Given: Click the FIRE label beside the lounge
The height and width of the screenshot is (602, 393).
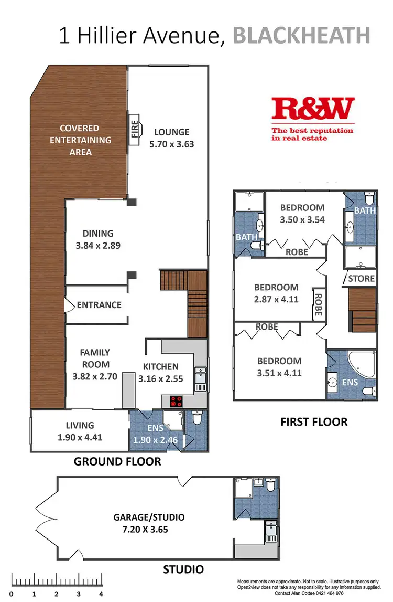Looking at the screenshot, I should [x=135, y=128].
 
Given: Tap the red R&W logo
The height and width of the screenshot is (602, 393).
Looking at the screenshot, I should [x=313, y=109].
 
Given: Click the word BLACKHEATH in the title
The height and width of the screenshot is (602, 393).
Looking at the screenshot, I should [x=301, y=36].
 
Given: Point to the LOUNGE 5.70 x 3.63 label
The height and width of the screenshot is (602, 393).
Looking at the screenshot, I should [x=171, y=138].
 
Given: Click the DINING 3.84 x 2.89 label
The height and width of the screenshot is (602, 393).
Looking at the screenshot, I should [x=98, y=239].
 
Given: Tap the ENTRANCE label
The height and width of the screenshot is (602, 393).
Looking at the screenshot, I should [x=99, y=305].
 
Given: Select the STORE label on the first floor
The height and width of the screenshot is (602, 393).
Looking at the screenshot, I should [x=362, y=278].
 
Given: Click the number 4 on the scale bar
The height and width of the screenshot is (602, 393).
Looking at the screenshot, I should [x=101, y=595].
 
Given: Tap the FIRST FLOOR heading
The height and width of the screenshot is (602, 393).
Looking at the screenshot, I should [x=314, y=421].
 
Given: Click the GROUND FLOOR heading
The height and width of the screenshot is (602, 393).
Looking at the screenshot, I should [x=117, y=462].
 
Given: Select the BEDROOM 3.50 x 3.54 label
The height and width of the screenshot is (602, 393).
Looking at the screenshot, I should [x=302, y=213].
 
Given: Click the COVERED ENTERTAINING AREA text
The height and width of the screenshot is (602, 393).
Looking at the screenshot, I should [x=79, y=140].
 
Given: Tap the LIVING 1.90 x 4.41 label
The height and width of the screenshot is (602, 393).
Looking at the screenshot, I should [x=80, y=431].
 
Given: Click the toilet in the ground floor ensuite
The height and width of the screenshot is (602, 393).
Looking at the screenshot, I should [x=197, y=419].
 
